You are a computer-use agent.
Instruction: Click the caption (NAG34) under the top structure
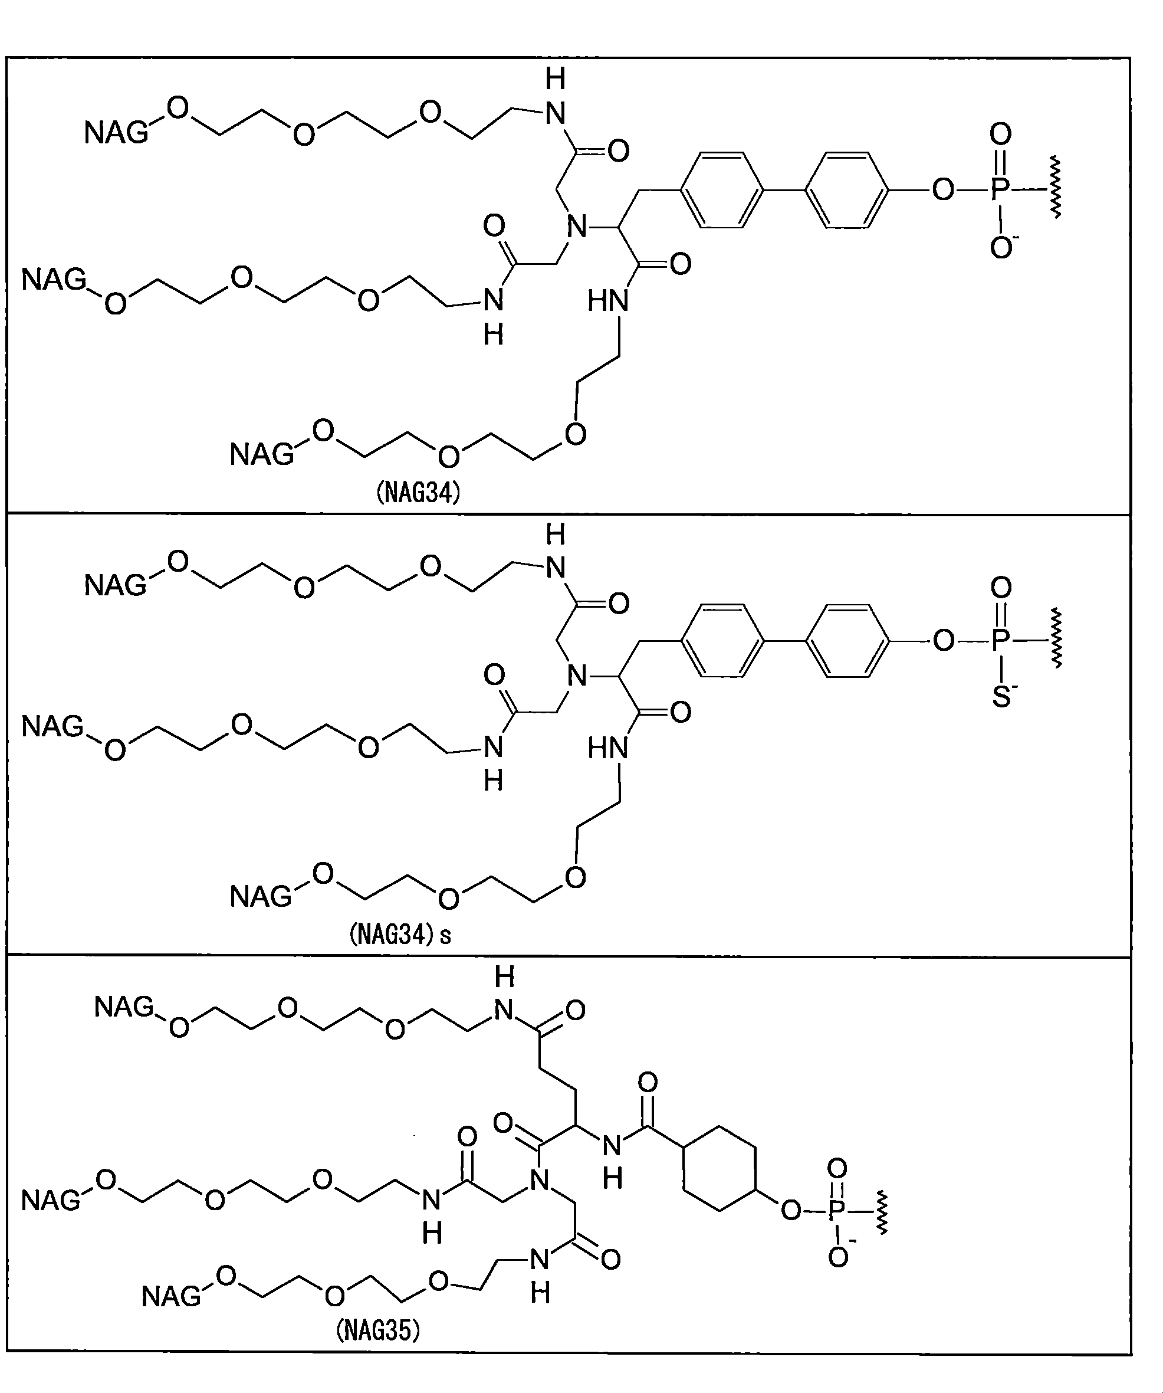(x=418, y=493)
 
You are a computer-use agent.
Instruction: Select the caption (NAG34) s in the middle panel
(x=400, y=935)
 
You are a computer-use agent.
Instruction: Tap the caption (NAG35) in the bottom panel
(x=378, y=1330)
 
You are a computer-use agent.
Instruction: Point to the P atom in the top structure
(x=1001, y=190)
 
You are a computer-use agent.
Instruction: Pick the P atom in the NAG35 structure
(x=837, y=1211)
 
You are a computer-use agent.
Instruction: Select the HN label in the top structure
(x=608, y=302)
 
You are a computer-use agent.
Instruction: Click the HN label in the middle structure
(x=608, y=749)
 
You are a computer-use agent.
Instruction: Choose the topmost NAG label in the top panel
(x=116, y=133)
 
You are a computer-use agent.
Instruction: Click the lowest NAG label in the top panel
(x=261, y=455)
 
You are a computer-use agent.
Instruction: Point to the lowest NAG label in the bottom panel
(x=171, y=1296)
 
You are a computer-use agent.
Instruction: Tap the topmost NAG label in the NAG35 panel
(x=124, y=1007)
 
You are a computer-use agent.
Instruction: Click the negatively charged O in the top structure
(x=1001, y=247)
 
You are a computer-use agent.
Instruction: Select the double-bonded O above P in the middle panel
(x=1001, y=587)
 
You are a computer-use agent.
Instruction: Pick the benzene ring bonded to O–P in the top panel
(x=847, y=191)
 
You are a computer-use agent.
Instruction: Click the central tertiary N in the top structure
(x=577, y=228)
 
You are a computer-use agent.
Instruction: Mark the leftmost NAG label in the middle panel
(x=52, y=726)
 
